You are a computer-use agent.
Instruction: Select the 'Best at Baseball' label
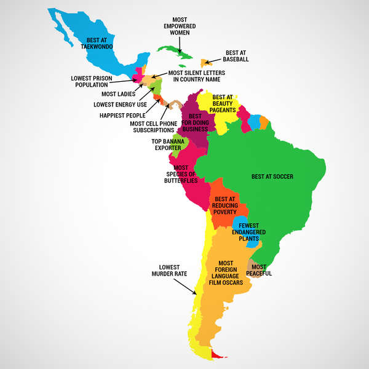[x=237, y=56]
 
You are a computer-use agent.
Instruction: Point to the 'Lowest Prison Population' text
[x=91, y=81]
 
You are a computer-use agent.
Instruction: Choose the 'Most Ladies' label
[x=118, y=94]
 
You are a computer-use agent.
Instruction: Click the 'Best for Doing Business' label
[x=195, y=122]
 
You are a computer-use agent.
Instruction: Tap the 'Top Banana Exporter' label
[x=166, y=145]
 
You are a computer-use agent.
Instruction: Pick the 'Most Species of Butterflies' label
[x=181, y=174]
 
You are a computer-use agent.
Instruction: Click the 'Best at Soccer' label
[x=272, y=177]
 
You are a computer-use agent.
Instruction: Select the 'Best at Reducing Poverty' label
[x=225, y=205]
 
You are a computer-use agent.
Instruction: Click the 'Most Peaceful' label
[x=261, y=270]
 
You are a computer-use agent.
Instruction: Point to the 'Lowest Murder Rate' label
[x=169, y=270]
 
